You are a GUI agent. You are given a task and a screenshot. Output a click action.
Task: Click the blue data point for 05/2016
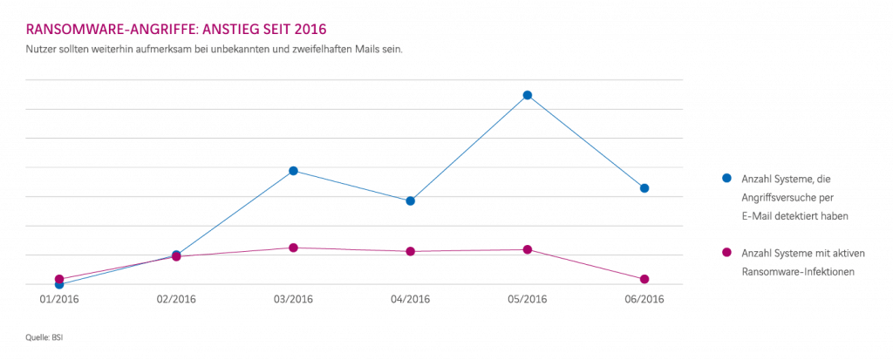[x=528, y=95]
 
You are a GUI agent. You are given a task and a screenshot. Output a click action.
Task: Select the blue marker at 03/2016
[x=294, y=171]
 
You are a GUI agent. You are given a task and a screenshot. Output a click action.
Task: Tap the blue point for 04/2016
[x=411, y=200]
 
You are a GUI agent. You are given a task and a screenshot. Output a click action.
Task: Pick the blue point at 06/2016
[x=644, y=188]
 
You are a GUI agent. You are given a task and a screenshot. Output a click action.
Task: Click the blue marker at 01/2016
[x=59, y=284]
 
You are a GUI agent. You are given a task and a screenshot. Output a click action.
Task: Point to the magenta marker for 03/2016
[x=294, y=248]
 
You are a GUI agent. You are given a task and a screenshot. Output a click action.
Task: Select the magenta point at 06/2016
[x=644, y=279]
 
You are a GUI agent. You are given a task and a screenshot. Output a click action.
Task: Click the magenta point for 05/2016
[x=528, y=250]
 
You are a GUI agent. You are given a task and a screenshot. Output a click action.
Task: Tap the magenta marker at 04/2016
[x=411, y=252]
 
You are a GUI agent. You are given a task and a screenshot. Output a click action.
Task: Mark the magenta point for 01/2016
[x=59, y=279]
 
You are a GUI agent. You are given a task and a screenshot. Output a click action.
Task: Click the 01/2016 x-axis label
[x=59, y=300]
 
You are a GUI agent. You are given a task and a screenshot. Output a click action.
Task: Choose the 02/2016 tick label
[x=176, y=300]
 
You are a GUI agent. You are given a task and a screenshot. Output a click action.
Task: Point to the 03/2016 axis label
[x=294, y=300]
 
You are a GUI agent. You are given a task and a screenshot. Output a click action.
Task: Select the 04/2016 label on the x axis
[x=411, y=300]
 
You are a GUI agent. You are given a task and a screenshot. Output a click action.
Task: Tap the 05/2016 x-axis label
[x=528, y=300]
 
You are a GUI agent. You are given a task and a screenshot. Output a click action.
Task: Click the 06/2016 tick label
[x=644, y=300]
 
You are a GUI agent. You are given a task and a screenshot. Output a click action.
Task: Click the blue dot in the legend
[x=726, y=179]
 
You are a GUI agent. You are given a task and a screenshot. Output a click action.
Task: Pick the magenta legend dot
[x=726, y=253]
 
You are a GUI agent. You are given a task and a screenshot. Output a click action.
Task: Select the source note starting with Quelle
[x=39, y=335]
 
